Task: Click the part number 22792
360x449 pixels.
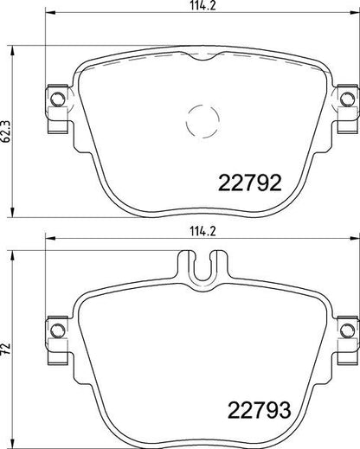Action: (x=249, y=183)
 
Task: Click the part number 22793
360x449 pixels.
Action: (x=260, y=410)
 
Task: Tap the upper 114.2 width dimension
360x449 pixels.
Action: (x=203, y=6)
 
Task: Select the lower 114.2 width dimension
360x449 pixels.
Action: (x=203, y=231)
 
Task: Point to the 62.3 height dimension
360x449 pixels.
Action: (x=6, y=131)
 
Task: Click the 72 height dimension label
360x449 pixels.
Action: (x=6, y=349)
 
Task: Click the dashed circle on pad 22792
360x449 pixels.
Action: (x=202, y=120)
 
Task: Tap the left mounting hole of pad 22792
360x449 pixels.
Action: (x=57, y=99)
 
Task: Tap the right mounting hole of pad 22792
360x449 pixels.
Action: (x=347, y=99)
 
